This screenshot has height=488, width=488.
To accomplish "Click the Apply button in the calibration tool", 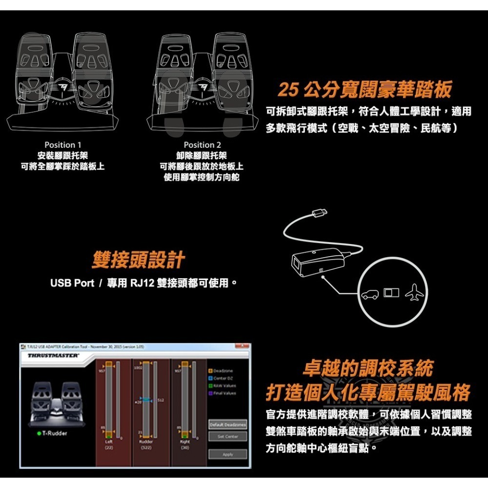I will [228, 454].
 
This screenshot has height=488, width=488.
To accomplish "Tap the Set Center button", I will [228, 436].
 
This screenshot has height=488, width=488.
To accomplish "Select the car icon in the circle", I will [369, 294].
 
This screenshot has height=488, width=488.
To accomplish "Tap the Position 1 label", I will [63, 145].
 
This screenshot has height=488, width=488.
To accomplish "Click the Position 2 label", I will [202, 145].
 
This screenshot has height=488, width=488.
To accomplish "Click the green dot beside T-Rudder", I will [39, 433].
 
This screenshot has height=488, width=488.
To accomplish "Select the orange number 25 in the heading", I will [288, 89].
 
